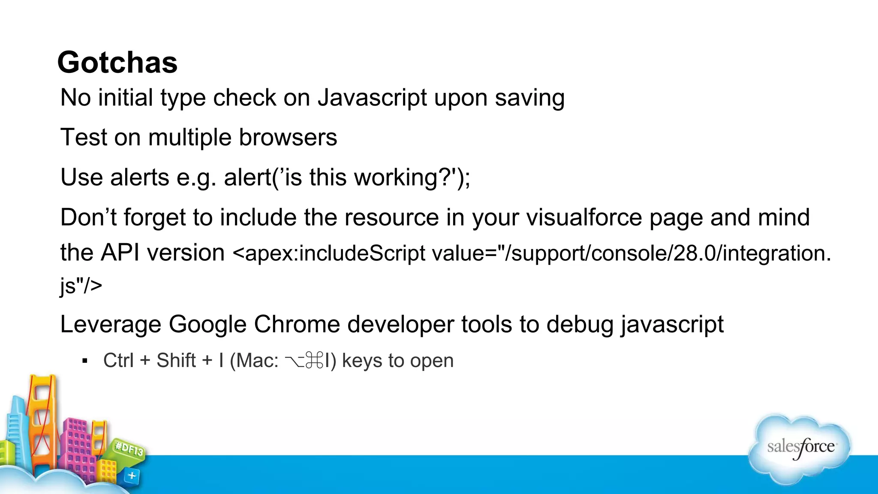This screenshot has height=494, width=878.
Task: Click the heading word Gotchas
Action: click(x=117, y=63)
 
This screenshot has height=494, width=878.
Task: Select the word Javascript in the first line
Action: click(x=372, y=98)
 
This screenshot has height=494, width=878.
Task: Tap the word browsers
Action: click(x=288, y=138)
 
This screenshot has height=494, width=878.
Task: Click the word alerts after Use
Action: click(x=139, y=178)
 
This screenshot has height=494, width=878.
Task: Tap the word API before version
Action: click(x=120, y=253)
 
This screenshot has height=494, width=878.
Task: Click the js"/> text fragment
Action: click(x=81, y=286)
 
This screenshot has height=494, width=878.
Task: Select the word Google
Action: click(x=207, y=324)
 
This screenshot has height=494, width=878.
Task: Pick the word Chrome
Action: click(x=297, y=324)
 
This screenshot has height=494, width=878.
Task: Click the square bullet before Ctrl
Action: click(x=85, y=361)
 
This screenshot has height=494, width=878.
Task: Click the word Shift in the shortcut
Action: click(x=176, y=361)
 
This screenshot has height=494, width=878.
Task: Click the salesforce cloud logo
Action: click(x=800, y=447)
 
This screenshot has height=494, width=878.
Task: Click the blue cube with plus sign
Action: click(x=132, y=476)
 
